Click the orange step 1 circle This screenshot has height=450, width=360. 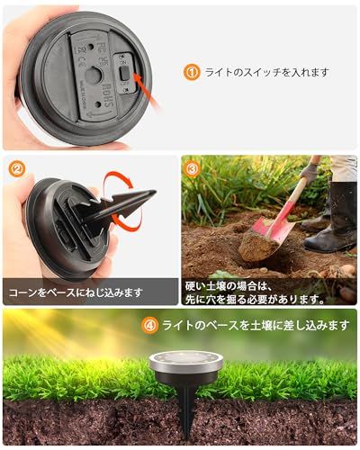coord(192,72)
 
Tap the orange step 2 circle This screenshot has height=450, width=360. coord(16,168)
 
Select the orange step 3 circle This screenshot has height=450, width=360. coord(192,168)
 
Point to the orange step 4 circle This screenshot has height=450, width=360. coord(150,326)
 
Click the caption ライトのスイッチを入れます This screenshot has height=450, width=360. coord(266,72)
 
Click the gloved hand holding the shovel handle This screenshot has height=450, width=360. coord(310,170)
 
